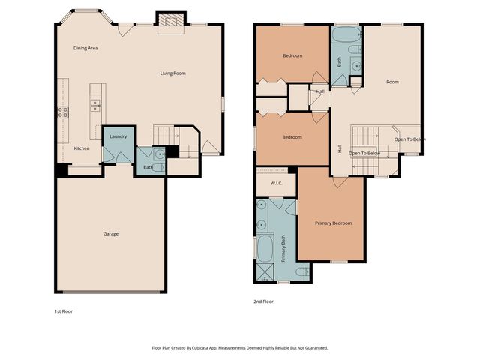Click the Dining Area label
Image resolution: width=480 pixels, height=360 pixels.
(x=85, y=48)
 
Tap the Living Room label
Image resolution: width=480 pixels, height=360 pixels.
(x=172, y=73)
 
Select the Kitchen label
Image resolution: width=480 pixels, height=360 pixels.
(x=82, y=148)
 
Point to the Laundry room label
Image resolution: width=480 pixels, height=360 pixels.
(x=118, y=136)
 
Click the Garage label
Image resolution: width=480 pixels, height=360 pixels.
(x=111, y=233)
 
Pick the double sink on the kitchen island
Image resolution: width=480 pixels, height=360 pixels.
(x=95, y=105)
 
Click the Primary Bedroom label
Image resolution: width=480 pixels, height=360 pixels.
(x=333, y=223)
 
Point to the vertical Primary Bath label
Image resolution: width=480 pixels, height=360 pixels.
(x=283, y=248)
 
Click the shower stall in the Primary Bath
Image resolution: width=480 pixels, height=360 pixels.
(x=264, y=271)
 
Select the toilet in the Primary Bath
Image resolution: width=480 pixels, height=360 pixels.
(x=301, y=271)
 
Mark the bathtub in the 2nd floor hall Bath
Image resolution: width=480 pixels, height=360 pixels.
(x=346, y=35)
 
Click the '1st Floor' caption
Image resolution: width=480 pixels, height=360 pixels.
(x=64, y=310)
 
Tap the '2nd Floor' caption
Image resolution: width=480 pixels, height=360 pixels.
(x=263, y=301)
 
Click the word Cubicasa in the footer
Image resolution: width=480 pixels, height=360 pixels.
(x=198, y=348)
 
